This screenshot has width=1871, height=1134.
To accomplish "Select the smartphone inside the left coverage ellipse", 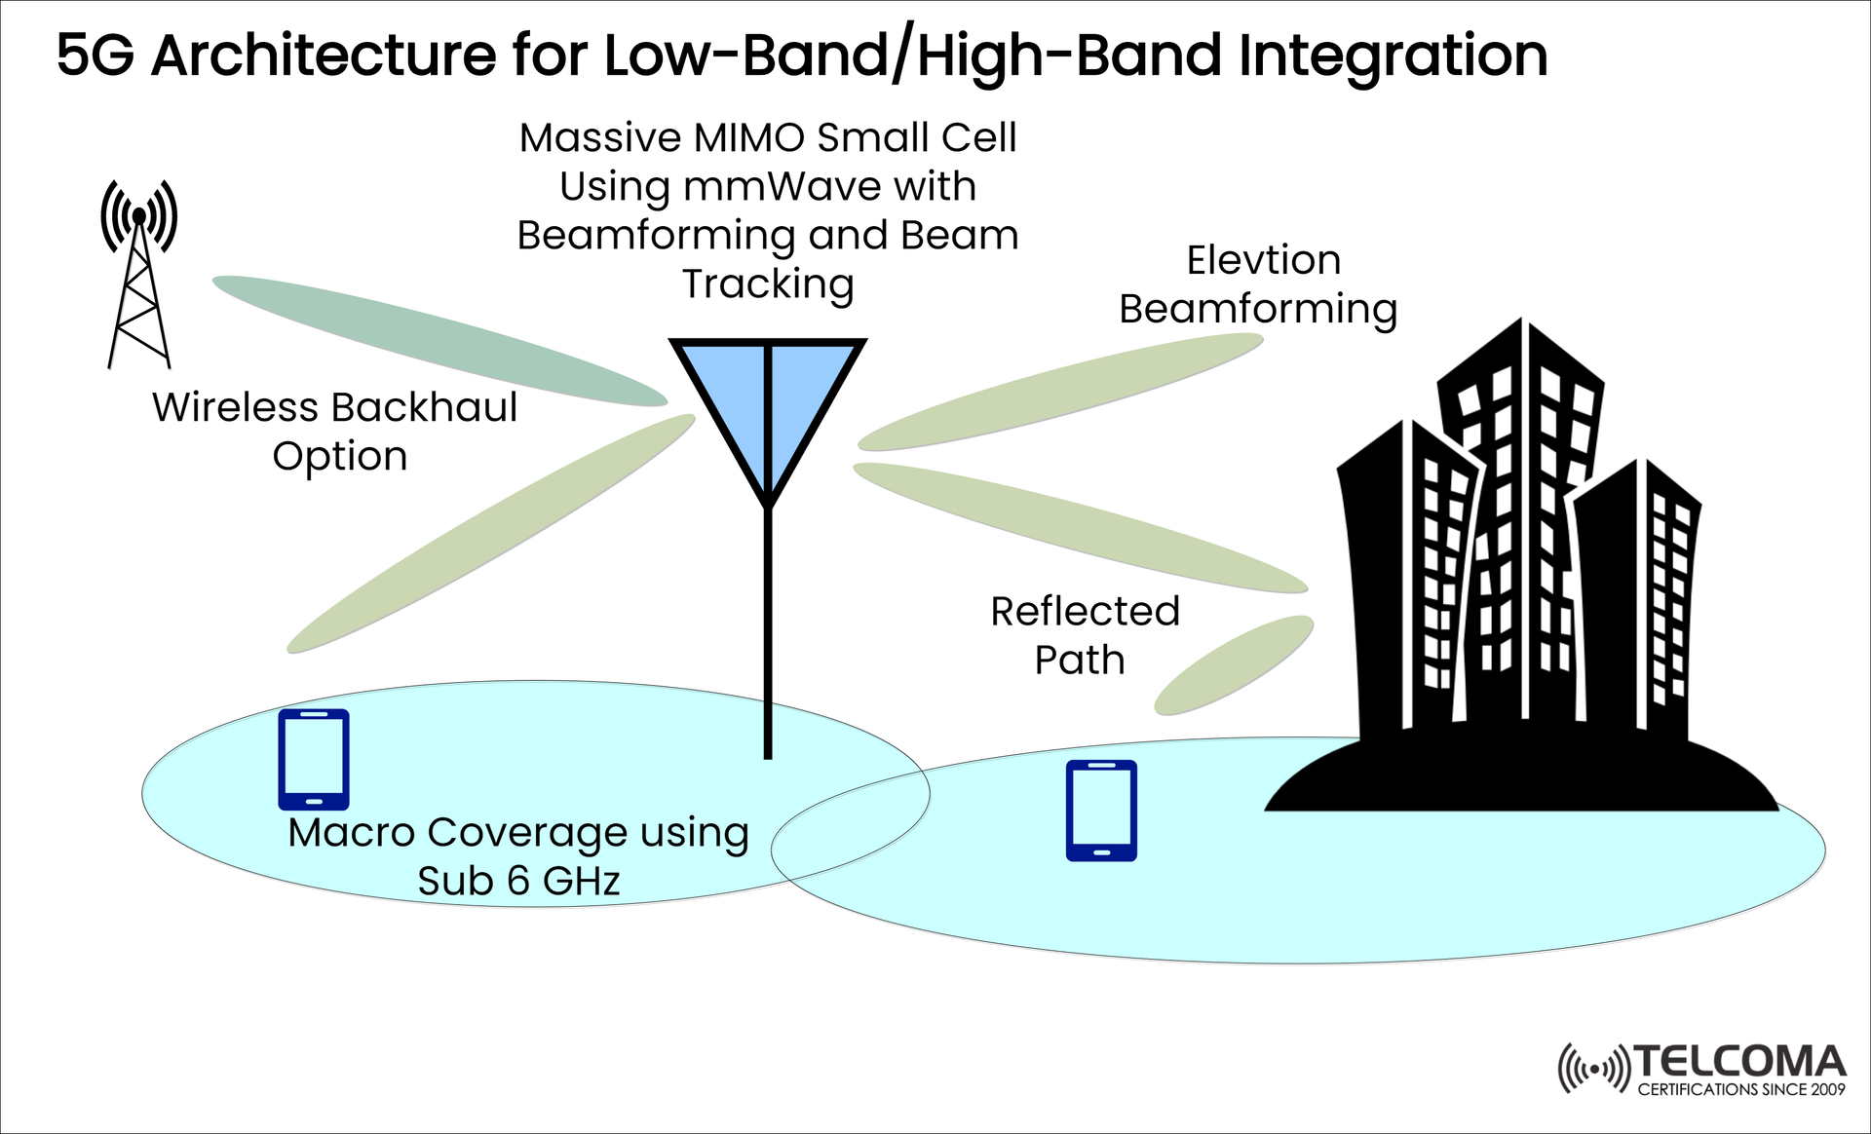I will pos(314,759).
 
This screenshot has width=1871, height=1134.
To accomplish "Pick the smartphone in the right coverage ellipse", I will pos(1101,811).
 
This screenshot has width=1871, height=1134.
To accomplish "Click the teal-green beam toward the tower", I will pos(439,339).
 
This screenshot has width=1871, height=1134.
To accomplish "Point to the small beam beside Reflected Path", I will pos(1234,664).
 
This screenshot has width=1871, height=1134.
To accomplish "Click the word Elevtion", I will pos(1263,260).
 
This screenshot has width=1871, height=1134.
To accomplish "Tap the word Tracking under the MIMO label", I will pos(768,284).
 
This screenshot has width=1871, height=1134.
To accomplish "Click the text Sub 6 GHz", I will pos(518,881).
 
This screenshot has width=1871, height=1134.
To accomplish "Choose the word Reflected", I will pos(1085,612).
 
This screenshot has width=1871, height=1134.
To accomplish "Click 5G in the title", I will pos(95,56).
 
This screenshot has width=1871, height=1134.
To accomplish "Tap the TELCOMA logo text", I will pos(1739,1061).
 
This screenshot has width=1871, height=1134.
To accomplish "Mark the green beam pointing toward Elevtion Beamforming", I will pos(1060,392).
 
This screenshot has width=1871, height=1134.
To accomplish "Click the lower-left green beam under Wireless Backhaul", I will pos(490,534).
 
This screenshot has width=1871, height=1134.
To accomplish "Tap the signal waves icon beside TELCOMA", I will pos(1593,1070).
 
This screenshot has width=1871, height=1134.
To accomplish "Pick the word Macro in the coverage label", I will pos(351,833).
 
